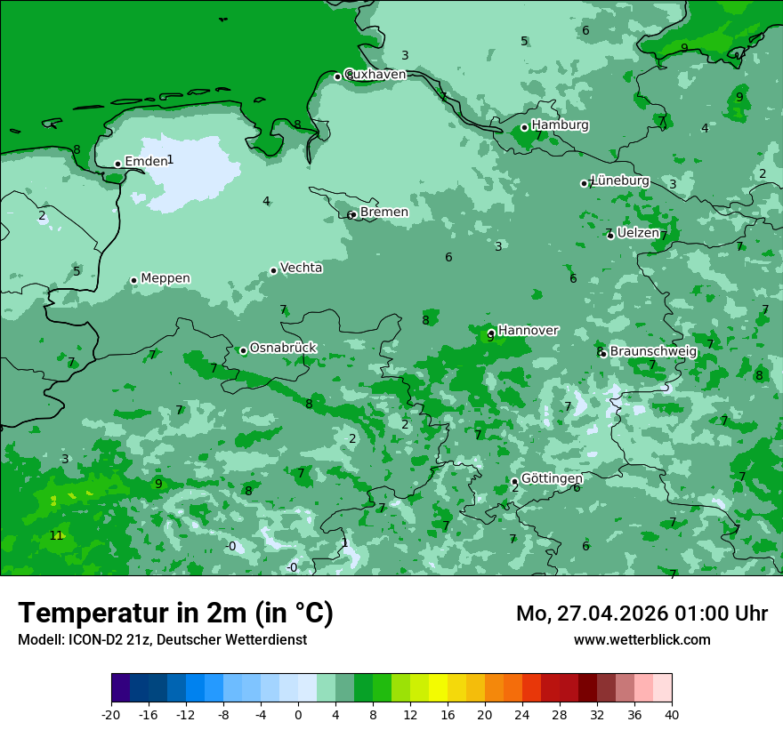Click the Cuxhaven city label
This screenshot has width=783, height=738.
click(375, 75)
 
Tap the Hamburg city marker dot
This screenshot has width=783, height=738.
click(524, 127)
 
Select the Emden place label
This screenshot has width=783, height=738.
click(146, 161)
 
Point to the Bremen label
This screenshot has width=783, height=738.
click(384, 212)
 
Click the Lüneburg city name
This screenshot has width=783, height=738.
click(620, 180)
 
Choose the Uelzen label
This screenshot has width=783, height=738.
click(638, 233)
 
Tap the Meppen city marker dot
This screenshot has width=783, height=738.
click(133, 280)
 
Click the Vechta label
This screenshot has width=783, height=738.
click(301, 268)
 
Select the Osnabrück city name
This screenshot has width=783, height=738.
click(283, 348)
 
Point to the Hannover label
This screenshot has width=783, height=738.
click(528, 330)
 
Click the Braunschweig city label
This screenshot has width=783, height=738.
click(653, 351)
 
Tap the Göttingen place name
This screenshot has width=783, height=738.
click(552, 478)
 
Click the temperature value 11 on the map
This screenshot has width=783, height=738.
click(56, 535)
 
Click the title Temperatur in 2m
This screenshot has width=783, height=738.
click(175, 613)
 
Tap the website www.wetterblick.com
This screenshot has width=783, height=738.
click(642, 639)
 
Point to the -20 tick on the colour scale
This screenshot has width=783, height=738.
click(111, 715)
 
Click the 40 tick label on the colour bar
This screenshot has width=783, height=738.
click(672, 715)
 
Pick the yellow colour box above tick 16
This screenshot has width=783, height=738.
click(438, 688)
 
